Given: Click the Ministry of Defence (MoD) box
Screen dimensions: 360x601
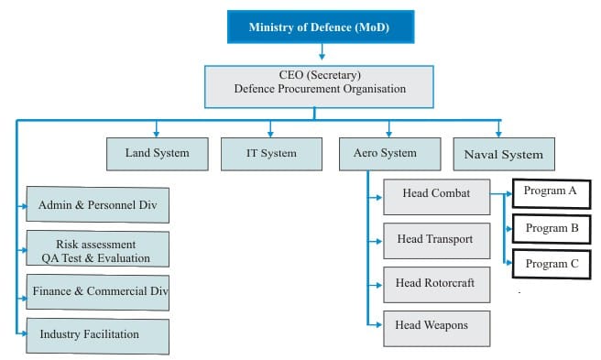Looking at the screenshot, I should (320, 27).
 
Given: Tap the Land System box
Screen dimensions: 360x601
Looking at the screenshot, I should (158, 153).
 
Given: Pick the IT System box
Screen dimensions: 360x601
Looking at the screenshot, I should (271, 153).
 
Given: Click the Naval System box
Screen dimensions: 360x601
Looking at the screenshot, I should (504, 154).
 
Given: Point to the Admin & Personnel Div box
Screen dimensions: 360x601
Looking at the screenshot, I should (98, 205).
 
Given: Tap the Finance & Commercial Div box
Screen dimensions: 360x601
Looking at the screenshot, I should (98, 291).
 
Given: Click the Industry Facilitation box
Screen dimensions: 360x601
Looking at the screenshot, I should (98, 334).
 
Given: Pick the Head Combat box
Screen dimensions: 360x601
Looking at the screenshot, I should (435, 194).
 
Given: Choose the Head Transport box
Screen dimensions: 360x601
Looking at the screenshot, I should (435, 240).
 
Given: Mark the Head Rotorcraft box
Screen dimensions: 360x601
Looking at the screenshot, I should (435, 284).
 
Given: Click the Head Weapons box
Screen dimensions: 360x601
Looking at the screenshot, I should (435, 325).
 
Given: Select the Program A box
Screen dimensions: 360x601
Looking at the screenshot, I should (551, 191).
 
